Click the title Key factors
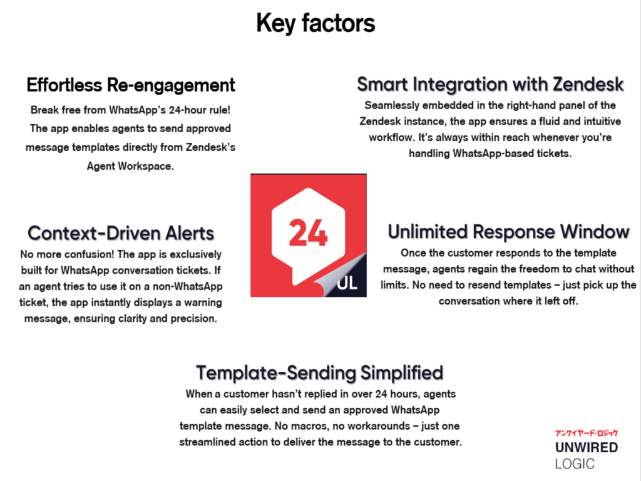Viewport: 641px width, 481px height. (x=315, y=23)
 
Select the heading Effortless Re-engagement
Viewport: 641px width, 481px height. (x=131, y=85)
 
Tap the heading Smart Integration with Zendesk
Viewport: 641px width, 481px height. (x=490, y=85)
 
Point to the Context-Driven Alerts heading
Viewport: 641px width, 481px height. (x=121, y=233)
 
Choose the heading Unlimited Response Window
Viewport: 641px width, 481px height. (x=508, y=232)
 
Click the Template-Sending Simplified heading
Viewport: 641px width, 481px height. (x=320, y=373)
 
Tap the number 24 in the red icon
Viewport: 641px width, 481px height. (x=308, y=233)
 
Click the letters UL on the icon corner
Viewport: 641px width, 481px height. (x=347, y=282)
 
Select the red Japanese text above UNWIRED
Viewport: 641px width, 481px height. (x=586, y=433)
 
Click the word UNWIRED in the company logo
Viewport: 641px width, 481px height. (x=586, y=447)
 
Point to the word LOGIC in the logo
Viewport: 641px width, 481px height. (x=575, y=464)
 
